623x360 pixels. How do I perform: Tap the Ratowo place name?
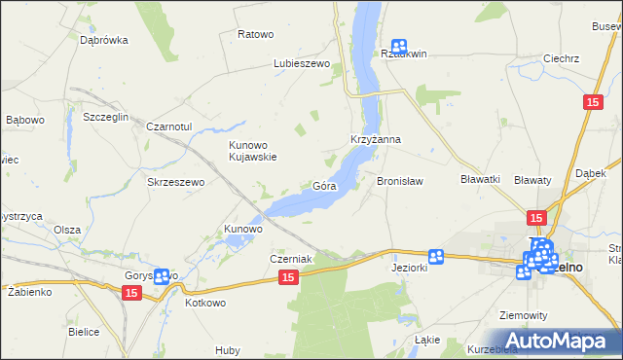tap(256, 34)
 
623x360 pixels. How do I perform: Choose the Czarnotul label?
tap(172, 127)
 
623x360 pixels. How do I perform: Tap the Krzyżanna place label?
tap(376, 139)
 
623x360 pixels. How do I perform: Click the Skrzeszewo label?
tap(174, 182)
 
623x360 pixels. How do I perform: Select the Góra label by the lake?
tap(324, 186)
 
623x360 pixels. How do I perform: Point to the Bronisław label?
tap(400, 181)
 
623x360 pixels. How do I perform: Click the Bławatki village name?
tap(480, 179)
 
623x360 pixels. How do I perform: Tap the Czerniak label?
tap(290, 259)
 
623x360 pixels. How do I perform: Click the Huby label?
tap(229, 350)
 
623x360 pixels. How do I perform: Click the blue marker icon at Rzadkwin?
tap(399, 46)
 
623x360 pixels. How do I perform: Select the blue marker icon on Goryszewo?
tap(162, 277)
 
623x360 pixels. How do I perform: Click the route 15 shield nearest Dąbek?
tap(592, 101)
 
